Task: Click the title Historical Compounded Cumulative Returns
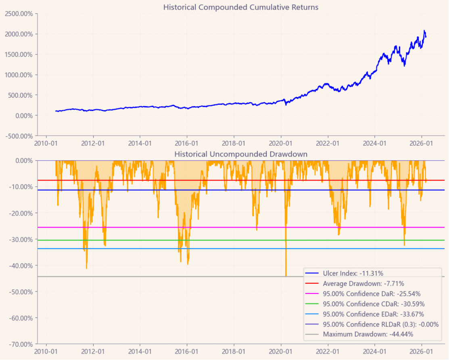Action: [x=240, y=7]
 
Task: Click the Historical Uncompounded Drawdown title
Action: [x=240, y=154]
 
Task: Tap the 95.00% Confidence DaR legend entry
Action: [x=371, y=294]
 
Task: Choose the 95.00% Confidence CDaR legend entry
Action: [x=374, y=304]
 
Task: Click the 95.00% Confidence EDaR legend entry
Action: [x=374, y=314]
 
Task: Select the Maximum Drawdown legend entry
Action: [x=368, y=334]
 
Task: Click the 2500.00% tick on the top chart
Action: [x=19, y=14]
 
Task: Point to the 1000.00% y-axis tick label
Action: [x=19, y=75]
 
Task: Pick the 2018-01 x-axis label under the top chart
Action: [x=234, y=143]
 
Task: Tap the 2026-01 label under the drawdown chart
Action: [x=422, y=352]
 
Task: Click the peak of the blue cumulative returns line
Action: [x=424, y=31]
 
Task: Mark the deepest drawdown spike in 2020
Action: [x=286, y=276]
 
